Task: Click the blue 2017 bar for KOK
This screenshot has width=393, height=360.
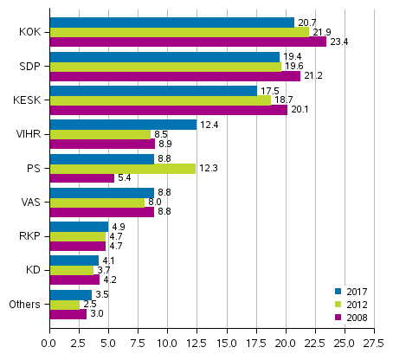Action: point(171,22)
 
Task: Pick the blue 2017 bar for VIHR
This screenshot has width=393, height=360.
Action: point(123,125)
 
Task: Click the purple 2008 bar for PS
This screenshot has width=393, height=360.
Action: point(81,178)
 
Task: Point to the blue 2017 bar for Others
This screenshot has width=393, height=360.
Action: point(70,294)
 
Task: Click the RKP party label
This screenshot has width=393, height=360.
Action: point(29,235)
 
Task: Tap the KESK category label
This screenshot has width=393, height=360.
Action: point(28,100)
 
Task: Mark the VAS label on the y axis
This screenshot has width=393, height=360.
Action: point(29,202)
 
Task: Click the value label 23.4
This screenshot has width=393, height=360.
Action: point(338,42)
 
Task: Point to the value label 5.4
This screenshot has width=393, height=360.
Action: point(124,178)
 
